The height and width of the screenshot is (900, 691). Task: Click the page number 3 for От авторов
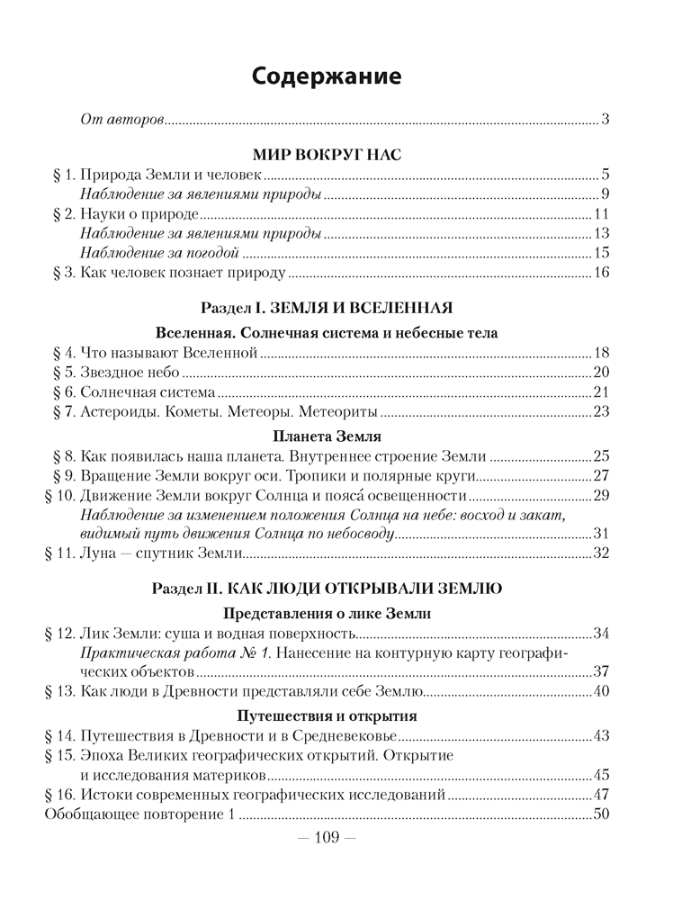pos(606,119)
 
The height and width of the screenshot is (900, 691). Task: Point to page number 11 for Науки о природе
pos(603,213)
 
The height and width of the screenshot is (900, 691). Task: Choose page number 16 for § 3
pos(603,273)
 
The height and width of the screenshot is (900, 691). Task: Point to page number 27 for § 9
pos(603,476)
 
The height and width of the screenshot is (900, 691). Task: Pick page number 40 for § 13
pos(603,692)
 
